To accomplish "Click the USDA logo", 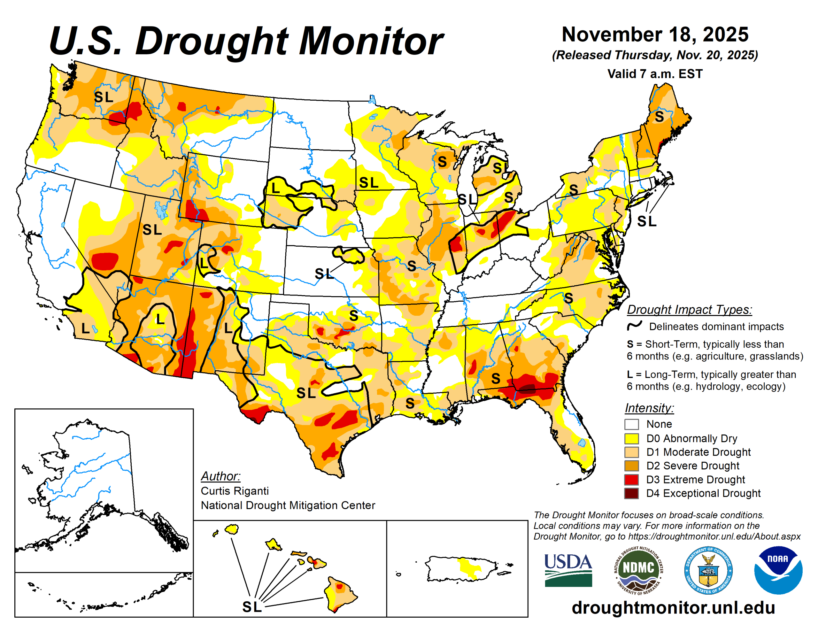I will [568, 570].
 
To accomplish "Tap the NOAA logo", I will [778, 570].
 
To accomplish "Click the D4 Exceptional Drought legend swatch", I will [631, 493].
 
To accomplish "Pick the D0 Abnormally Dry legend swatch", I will [631, 438].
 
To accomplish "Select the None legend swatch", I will [631, 424].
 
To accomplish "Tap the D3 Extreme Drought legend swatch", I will [631, 480].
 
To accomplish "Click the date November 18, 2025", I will [655, 35].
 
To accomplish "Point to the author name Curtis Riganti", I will [235, 491].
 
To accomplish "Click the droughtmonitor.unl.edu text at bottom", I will [673, 607].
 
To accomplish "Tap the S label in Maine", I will [659, 117].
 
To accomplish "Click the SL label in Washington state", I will [104, 97].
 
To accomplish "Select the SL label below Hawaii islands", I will [252, 607].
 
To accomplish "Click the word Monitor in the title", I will [370, 41].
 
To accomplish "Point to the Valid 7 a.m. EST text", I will [655, 74].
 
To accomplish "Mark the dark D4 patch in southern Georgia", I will [528, 388].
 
